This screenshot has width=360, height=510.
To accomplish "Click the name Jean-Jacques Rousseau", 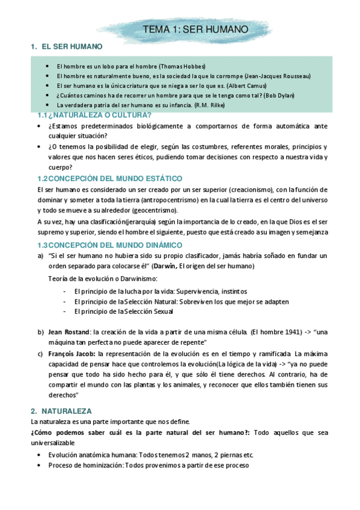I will tap(278, 76).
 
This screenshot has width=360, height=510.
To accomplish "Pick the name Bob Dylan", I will tap(271, 95).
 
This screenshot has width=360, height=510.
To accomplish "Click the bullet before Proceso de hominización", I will tap(40, 465).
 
